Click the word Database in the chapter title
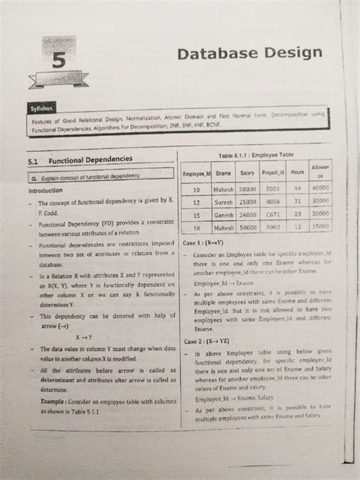(216, 54)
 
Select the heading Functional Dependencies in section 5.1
(90, 161)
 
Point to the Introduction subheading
(43, 191)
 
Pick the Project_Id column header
(272, 174)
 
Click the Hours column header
(298, 174)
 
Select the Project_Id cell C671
(273, 215)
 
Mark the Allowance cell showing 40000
(320, 188)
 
